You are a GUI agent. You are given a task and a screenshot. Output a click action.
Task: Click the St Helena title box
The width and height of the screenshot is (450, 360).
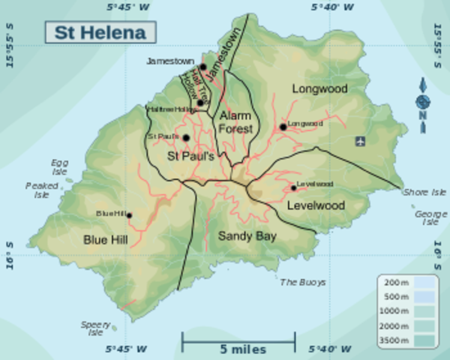pyautogui.click(x=100, y=33)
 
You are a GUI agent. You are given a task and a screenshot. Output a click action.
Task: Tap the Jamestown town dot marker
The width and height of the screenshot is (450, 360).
pyautogui.click(x=202, y=67)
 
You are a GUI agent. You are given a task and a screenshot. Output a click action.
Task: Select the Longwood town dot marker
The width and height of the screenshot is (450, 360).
pyautogui.click(x=283, y=127)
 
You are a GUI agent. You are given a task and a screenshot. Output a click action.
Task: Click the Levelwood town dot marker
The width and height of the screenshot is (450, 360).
pyautogui.click(x=293, y=187)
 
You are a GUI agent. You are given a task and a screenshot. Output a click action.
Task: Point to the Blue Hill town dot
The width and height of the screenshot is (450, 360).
pyautogui.click(x=129, y=215)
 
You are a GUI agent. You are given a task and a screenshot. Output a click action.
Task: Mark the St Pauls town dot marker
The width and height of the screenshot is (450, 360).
pyautogui.click(x=185, y=138)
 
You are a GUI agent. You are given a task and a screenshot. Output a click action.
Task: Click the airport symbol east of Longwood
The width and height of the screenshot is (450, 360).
pyautogui.click(x=361, y=140)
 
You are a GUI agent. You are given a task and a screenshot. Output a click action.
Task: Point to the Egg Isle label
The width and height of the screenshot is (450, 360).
pyautogui.click(x=59, y=166)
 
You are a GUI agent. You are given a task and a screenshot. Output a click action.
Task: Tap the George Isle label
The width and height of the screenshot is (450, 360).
pyautogui.click(x=430, y=217)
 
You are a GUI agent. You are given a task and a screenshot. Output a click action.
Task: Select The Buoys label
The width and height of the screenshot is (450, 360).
pyautogui.click(x=303, y=283)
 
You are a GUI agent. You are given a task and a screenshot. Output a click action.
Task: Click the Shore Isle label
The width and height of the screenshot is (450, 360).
pyautogui.click(x=425, y=192)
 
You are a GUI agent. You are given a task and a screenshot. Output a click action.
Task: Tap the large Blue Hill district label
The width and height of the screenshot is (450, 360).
pyautogui.click(x=105, y=239)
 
